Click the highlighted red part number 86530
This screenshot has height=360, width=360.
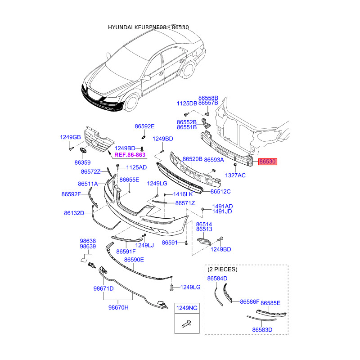tap(267, 162)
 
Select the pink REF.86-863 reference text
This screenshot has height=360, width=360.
tap(130, 155)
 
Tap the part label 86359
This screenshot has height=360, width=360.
tap(83, 162)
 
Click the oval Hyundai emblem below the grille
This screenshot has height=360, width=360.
tap(83, 151)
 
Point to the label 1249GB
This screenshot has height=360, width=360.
tap(70, 137)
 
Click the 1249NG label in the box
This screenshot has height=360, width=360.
tap(187, 308)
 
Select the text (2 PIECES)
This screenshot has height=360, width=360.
tap(222, 269)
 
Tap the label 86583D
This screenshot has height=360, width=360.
tap(262, 330)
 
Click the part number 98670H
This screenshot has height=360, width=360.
tap(118, 307)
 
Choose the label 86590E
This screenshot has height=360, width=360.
tap(134, 260)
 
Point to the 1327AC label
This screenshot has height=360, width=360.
tap(235, 175)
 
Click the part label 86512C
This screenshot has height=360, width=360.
tap(220, 192)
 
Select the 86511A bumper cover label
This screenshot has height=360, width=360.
tap(88, 184)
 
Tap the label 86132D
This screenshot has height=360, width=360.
tap(74, 213)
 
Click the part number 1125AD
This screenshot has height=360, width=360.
tap(136, 167)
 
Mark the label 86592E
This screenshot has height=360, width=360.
tap(144, 126)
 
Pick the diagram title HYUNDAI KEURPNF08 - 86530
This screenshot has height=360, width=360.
tap(148, 27)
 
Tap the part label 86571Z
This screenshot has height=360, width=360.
tap(185, 203)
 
